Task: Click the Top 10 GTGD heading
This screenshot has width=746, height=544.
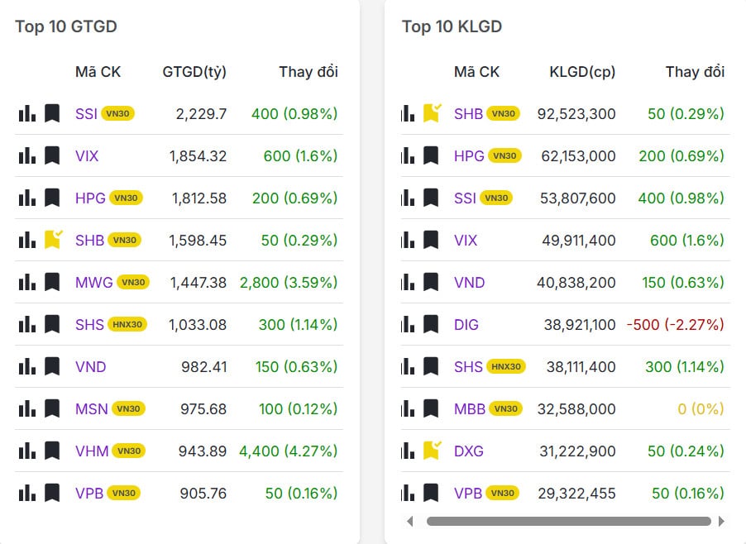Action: (x=65, y=26)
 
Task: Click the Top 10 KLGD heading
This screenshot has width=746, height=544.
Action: (x=452, y=26)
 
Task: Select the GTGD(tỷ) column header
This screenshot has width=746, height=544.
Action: (x=194, y=72)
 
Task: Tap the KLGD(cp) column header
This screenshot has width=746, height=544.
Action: (x=582, y=72)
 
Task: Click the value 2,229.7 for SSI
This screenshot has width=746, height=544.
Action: (x=201, y=113)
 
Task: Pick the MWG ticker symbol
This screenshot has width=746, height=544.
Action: (x=93, y=282)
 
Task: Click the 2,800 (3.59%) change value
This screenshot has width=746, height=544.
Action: (x=289, y=282)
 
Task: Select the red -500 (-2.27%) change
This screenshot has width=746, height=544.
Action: (x=675, y=324)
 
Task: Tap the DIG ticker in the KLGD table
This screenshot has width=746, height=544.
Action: (x=466, y=324)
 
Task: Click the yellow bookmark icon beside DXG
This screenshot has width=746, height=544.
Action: (x=432, y=451)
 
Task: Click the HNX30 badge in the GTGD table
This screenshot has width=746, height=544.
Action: (x=127, y=325)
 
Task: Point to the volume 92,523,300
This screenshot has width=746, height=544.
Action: (x=576, y=113)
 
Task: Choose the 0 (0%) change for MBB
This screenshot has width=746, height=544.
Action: (x=700, y=408)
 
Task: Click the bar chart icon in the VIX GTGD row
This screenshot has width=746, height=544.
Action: (x=27, y=155)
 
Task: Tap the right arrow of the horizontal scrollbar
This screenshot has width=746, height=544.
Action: (x=721, y=521)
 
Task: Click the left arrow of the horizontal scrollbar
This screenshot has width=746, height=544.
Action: (x=409, y=521)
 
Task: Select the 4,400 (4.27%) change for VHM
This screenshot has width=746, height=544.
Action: (x=289, y=451)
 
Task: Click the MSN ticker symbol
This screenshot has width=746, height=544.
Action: (x=91, y=408)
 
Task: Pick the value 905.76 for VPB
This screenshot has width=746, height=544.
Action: (x=203, y=493)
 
